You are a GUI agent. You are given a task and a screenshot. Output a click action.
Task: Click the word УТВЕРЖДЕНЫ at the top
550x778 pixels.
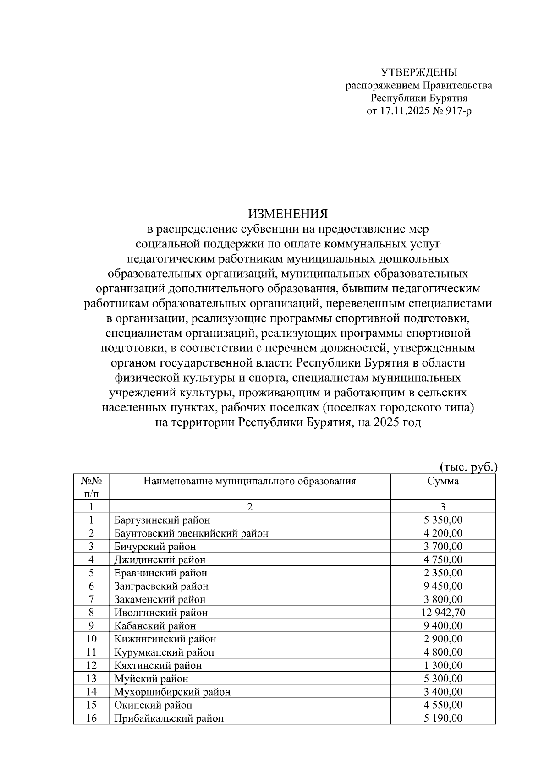[419, 72]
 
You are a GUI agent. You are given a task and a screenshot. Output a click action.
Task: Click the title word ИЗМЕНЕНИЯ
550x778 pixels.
[288, 214]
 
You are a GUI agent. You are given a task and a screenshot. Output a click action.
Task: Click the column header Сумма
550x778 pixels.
[443, 481]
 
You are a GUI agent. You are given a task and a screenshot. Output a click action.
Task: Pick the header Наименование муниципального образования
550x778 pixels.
[250, 481]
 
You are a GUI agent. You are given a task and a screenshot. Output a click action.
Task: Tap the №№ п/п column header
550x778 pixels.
[91, 487]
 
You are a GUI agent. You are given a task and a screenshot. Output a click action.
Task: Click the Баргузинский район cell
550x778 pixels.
[162, 520]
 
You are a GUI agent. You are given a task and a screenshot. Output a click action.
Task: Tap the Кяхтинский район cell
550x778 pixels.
[158, 665]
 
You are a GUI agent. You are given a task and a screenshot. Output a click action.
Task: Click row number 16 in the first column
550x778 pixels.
[91, 718]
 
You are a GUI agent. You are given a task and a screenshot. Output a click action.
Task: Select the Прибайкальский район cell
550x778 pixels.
[169, 718]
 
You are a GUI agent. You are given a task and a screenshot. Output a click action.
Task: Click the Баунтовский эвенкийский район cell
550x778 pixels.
[191, 533]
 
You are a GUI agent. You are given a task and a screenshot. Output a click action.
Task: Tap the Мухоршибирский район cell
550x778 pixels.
[172, 692]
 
